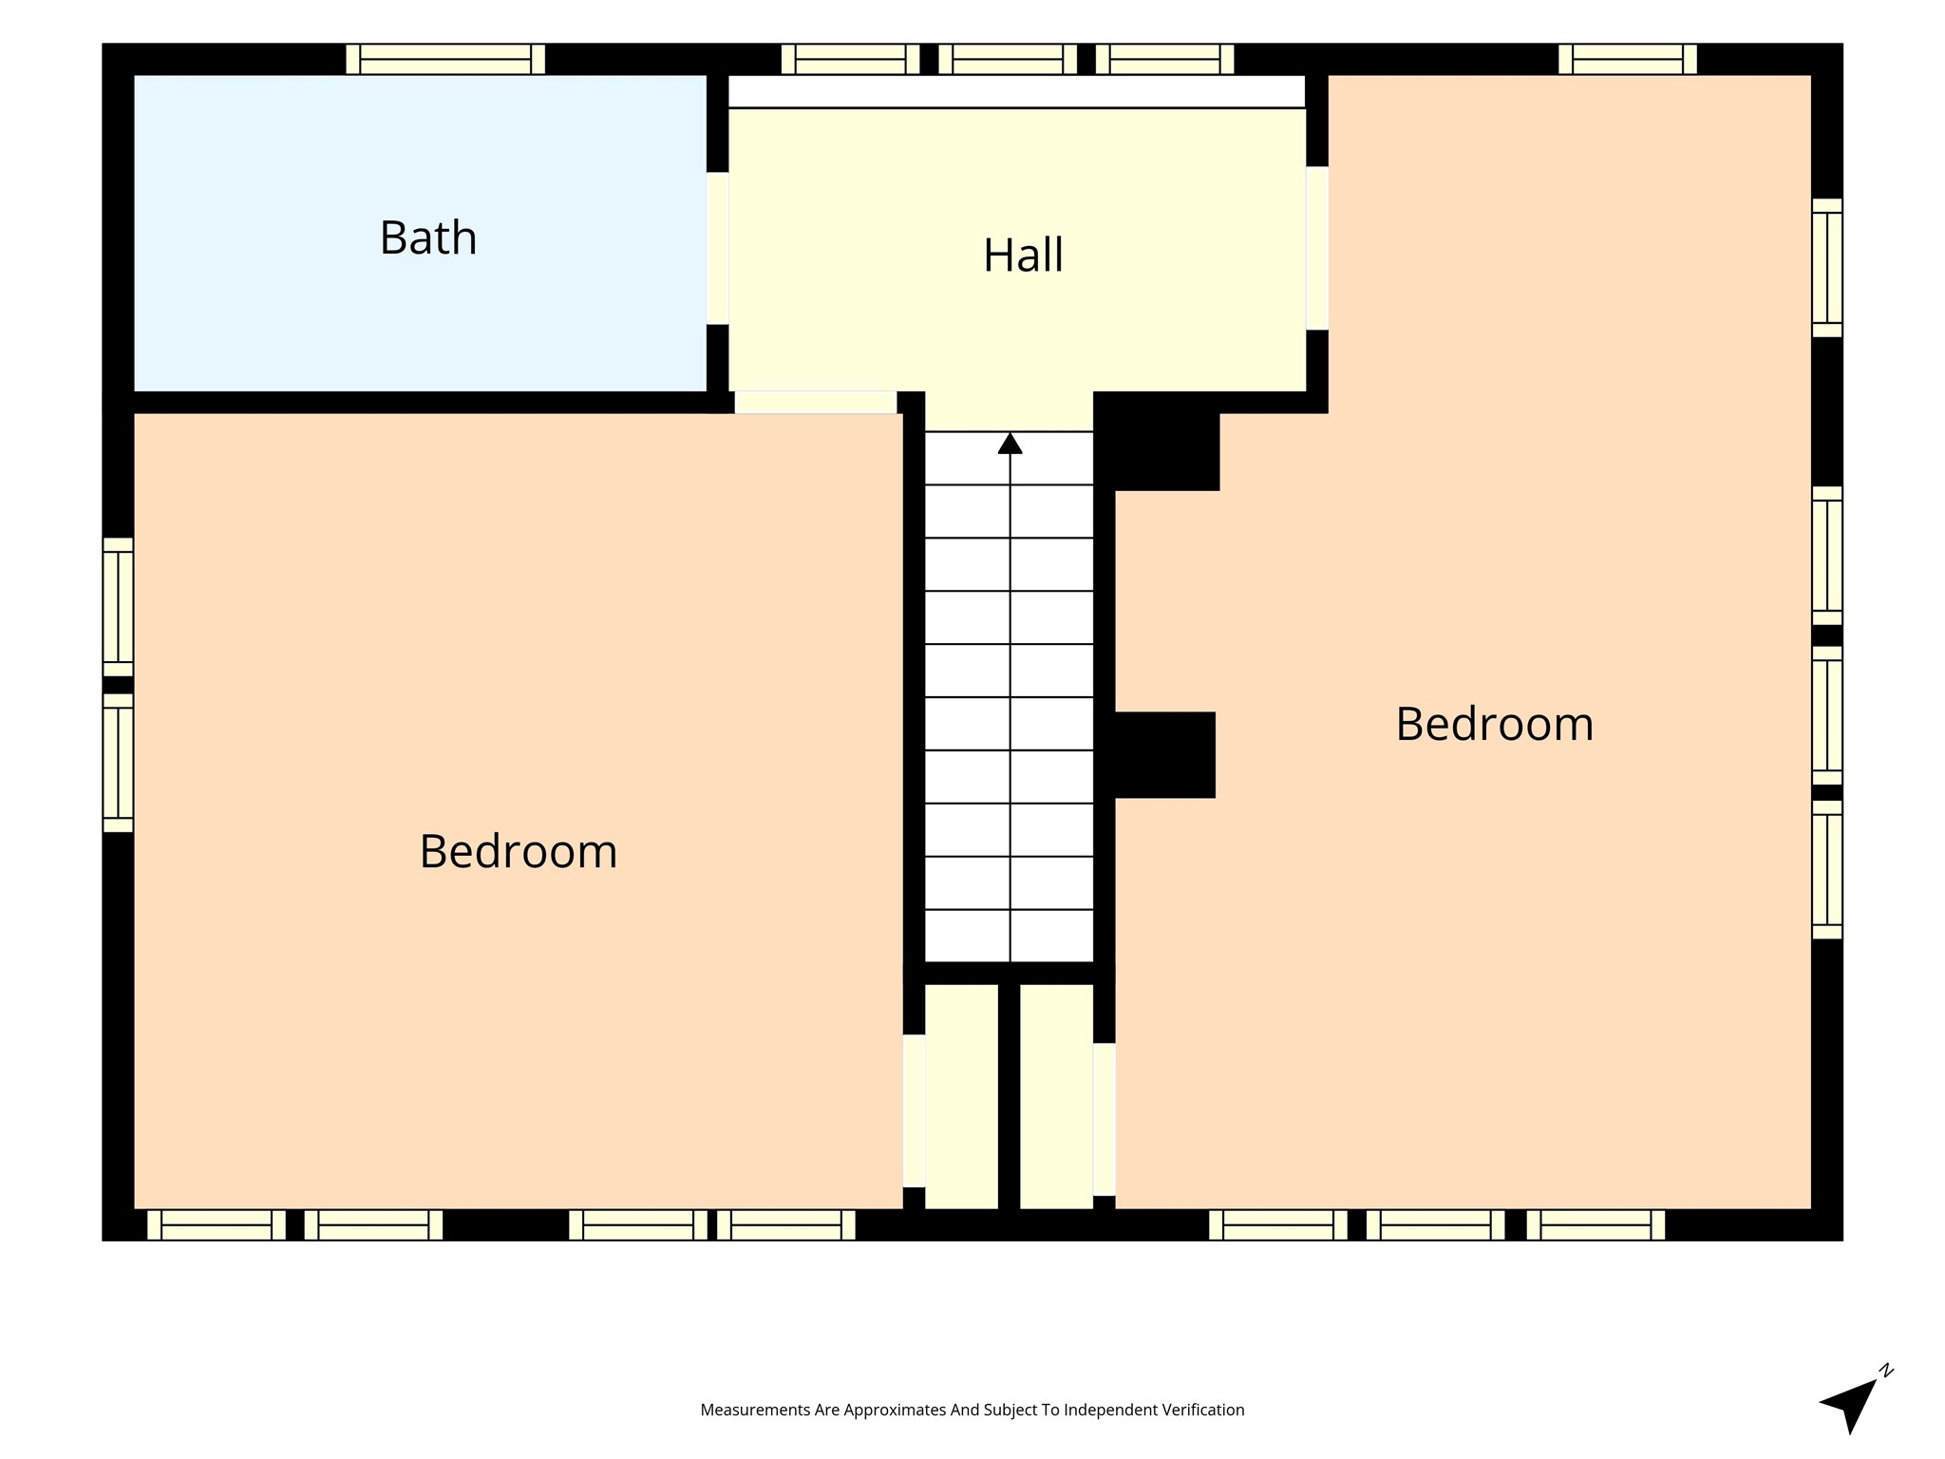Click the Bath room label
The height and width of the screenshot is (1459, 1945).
(428, 237)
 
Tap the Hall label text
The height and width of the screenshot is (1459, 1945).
(1023, 255)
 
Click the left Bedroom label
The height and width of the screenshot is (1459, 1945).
(519, 851)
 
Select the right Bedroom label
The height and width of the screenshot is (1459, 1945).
(1494, 724)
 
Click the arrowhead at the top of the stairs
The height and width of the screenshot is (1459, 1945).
(1010, 444)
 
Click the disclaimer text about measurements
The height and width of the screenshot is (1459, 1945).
(972, 1411)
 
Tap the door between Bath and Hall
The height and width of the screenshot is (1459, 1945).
(717, 248)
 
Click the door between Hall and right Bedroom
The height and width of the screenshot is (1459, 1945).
(1316, 248)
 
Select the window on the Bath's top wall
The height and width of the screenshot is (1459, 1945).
(445, 59)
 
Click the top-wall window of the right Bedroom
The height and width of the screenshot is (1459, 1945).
(1628, 59)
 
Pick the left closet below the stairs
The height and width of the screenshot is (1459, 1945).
(961, 1096)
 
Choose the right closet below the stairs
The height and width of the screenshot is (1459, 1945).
(1056, 1096)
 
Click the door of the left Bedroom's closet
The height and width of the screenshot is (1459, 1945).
(914, 1110)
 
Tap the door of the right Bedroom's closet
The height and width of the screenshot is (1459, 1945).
(1104, 1119)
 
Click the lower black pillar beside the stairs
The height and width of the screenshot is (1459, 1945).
(1164, 755)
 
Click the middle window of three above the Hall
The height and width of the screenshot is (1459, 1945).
(1008, 59)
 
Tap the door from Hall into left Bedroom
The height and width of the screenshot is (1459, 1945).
(816, 402)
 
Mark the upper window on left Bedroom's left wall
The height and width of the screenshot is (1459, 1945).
(118, 607)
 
